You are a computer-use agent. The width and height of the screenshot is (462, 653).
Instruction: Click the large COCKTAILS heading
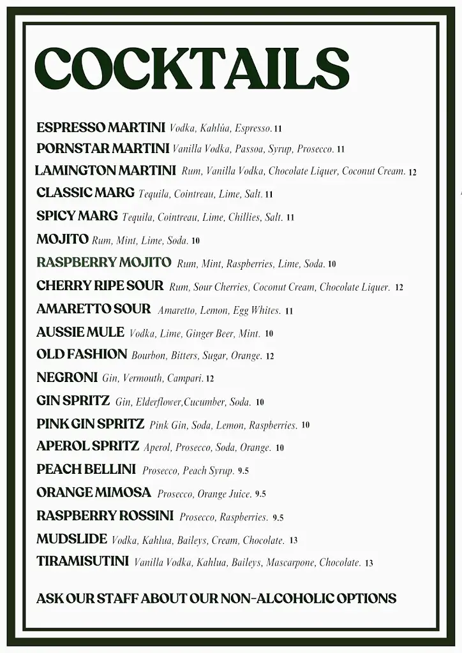point(192,70)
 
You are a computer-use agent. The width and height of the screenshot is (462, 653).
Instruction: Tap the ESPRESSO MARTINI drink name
point(101,128)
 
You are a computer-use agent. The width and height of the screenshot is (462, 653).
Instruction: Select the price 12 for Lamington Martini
point(412,172)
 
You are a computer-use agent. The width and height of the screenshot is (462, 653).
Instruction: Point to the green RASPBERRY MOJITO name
point(104,263)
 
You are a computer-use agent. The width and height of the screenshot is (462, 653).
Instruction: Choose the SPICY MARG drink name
point(77,216)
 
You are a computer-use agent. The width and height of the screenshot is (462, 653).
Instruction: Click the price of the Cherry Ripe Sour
point(399,288)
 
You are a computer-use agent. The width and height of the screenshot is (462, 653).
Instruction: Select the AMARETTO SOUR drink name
point(94,309)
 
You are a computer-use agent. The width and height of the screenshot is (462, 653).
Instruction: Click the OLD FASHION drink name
point(82,355)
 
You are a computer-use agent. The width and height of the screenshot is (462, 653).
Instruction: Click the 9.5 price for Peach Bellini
point(243,471)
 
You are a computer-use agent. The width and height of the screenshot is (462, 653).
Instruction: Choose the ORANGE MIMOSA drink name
point(94,493)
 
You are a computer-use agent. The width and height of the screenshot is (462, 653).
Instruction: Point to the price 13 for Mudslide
point(294,540)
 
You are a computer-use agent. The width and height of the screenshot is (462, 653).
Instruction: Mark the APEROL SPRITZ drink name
point(88,446)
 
